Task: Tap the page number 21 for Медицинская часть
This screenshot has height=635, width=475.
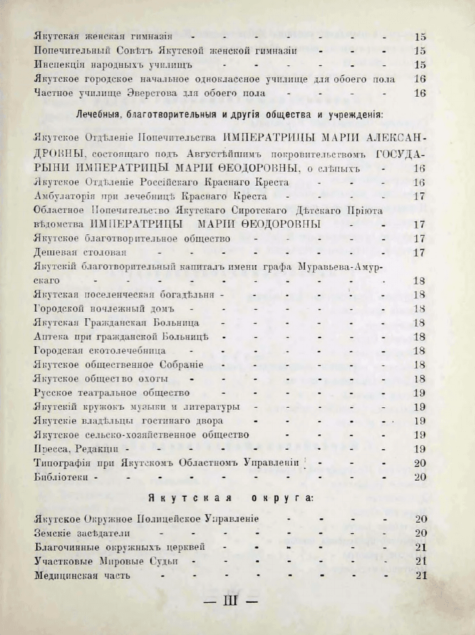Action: [419, 576]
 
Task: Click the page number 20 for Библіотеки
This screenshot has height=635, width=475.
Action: [419, 478]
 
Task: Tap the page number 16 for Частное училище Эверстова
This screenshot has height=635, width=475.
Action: [419, 93]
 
